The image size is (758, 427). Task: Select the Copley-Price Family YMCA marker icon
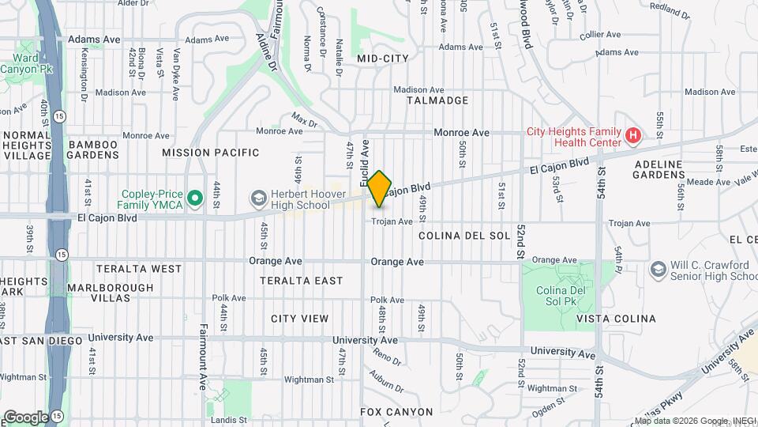coord(193,195)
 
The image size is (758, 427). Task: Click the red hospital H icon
coord(632,137)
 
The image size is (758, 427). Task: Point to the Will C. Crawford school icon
coord(658,270)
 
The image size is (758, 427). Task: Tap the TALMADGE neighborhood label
coord(437,101)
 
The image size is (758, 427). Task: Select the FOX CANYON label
coord(396,412)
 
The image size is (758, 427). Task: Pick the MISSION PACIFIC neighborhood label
coord(211,153)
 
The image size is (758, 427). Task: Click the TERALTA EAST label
coord(307,281)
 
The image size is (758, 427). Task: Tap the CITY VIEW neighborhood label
coord(299,319)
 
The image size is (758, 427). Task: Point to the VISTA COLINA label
coord(616,319)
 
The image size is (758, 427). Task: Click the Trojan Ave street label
coord(392,222)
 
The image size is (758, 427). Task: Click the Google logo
coord(25,417)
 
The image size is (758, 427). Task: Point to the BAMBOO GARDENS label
coord(92,149)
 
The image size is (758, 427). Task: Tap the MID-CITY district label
coord(382,59)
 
